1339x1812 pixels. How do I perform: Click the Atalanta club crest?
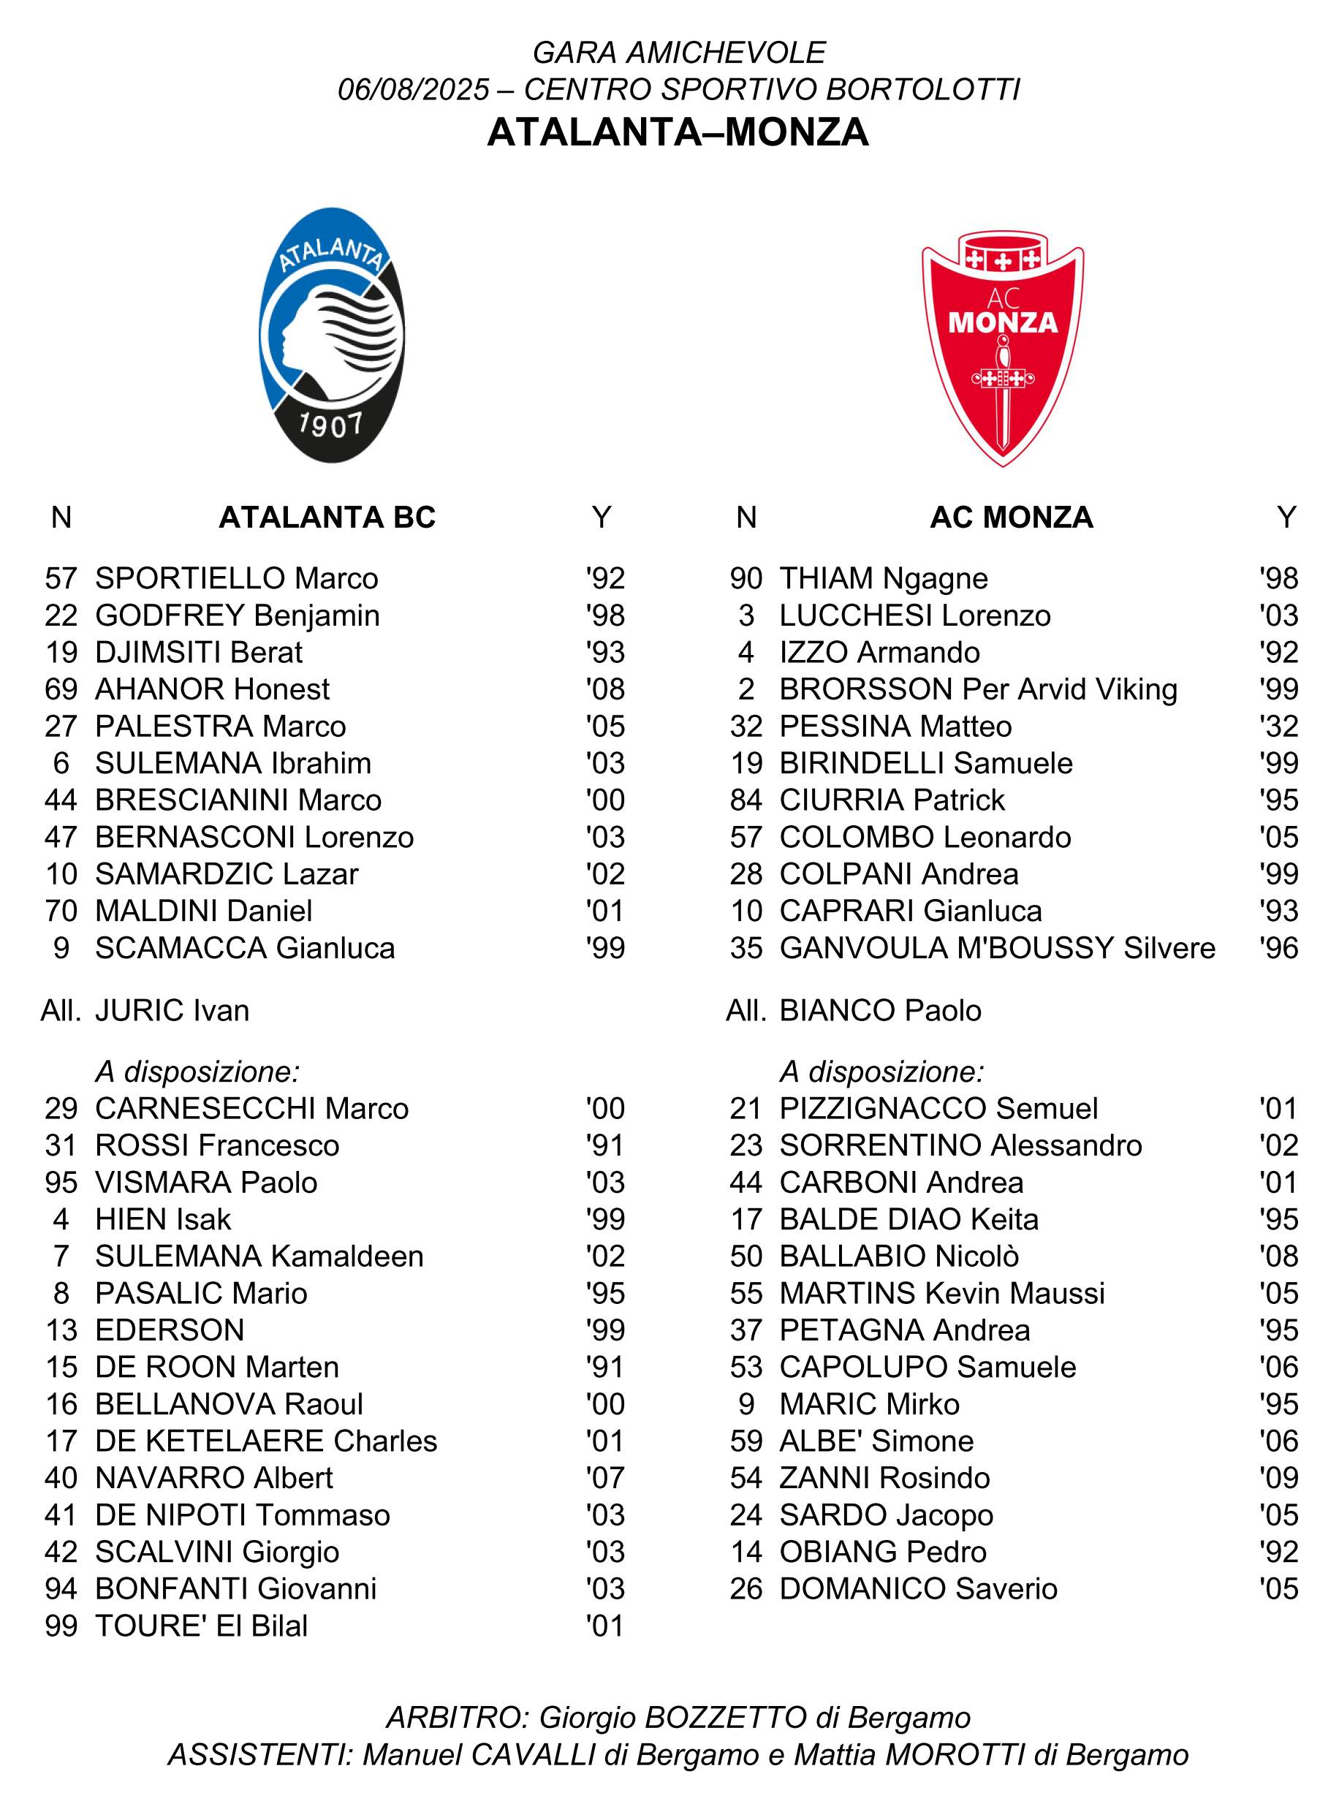point(332,336)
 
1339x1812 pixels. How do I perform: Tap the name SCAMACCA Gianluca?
point(245,947)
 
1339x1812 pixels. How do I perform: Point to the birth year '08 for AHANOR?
point(605,689)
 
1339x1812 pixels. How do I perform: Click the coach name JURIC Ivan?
point(172,1011)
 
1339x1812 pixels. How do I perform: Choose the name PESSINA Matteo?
point(895,726)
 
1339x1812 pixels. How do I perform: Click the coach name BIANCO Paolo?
point(880,1011)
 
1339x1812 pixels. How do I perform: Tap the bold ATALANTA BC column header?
point(327,517)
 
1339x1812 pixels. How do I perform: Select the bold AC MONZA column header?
point(1012,517)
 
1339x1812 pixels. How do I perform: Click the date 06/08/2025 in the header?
point(414,89)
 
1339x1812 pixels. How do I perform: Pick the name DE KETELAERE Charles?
point(266,1441)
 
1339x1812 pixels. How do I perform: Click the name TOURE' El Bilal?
point(201,1626)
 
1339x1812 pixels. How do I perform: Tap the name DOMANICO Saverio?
point(918,1588)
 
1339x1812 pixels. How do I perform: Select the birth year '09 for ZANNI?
point(1279,1477)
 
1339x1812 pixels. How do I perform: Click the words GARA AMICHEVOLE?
point(679,53)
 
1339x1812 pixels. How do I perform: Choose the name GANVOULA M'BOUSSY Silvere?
point(997,947)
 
